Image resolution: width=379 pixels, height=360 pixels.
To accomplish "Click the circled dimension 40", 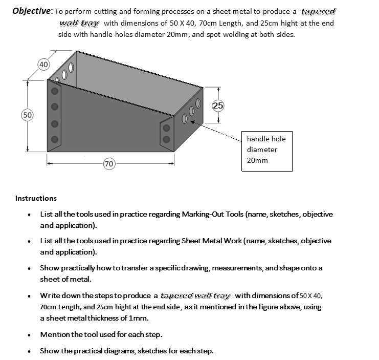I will point(43,65).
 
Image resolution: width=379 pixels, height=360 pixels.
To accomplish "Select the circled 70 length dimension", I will point(108,164).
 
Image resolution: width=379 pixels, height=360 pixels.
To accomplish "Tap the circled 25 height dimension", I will point(218,105).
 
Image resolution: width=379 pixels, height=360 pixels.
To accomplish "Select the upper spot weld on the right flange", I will point(166,128).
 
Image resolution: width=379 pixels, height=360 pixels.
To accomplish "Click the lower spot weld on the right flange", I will point(166,139).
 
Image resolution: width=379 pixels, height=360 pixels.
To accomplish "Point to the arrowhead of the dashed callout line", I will point(192,121).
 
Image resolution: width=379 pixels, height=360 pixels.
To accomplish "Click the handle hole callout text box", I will point(266,150).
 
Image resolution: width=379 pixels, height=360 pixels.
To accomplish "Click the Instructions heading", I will point(36,198).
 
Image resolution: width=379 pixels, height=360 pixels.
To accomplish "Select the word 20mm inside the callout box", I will point(257,160).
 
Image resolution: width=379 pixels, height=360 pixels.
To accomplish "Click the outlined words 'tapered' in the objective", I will point(320,11).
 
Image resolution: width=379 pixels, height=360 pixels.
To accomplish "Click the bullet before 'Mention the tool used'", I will point(32,335).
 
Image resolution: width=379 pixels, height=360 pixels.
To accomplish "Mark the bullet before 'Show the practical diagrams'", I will point(32,351).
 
